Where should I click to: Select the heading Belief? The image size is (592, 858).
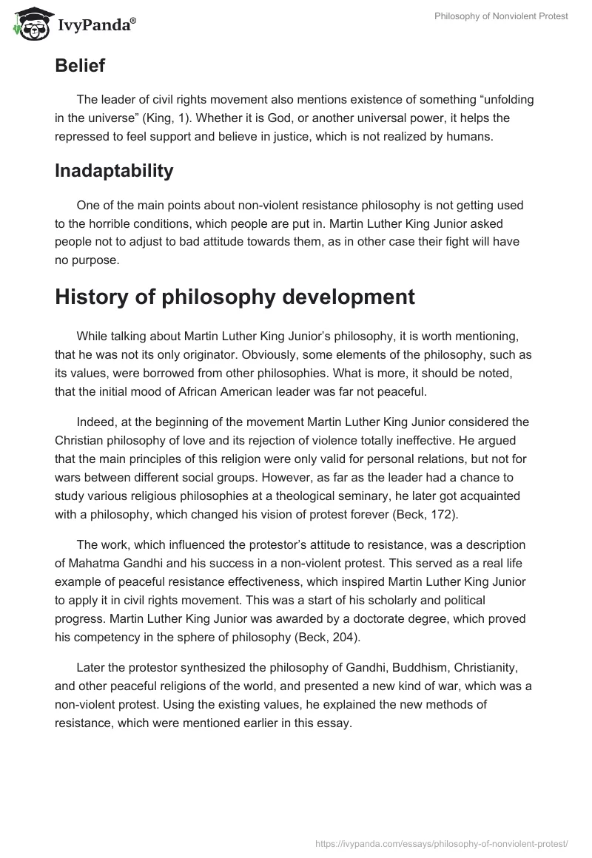[x=80, y=66]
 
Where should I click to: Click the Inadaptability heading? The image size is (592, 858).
[x=114, y=171]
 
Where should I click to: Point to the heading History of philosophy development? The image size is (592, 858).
[x=235, y=297]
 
